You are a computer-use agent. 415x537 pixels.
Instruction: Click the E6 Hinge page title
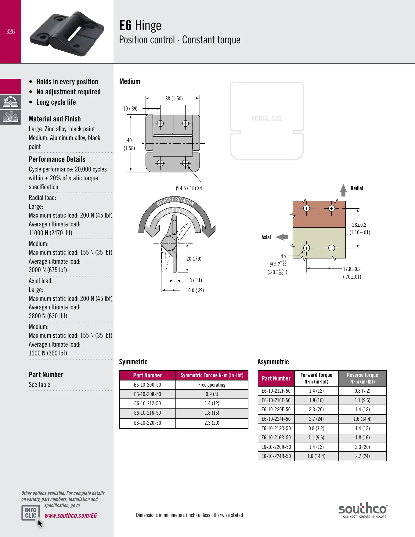pyautogui.click(x=140, y=26)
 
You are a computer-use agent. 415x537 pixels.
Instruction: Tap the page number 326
pyautogui.click(x=10, y=31)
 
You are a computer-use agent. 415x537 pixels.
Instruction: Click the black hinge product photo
pyautogui.click(x=67, y=34)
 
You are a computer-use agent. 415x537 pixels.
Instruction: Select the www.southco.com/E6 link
pyautogui.click(x=70, y=515)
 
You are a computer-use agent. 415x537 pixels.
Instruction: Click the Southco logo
pyautogui.click(x=363, y=510)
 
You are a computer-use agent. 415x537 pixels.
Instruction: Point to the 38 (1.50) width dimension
pyautogui.click(x=174, y=99)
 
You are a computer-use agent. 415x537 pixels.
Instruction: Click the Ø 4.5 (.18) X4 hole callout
pyautogui.click(x=189, y=188)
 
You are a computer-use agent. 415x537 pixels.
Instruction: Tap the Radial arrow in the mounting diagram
pyautogui.click(x=344, y=190)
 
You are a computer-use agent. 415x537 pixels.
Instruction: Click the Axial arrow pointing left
pyautogui.click(x=282, y=237)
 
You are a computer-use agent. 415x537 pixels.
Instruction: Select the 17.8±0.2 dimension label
pyautogui.click(x=352, y=269)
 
